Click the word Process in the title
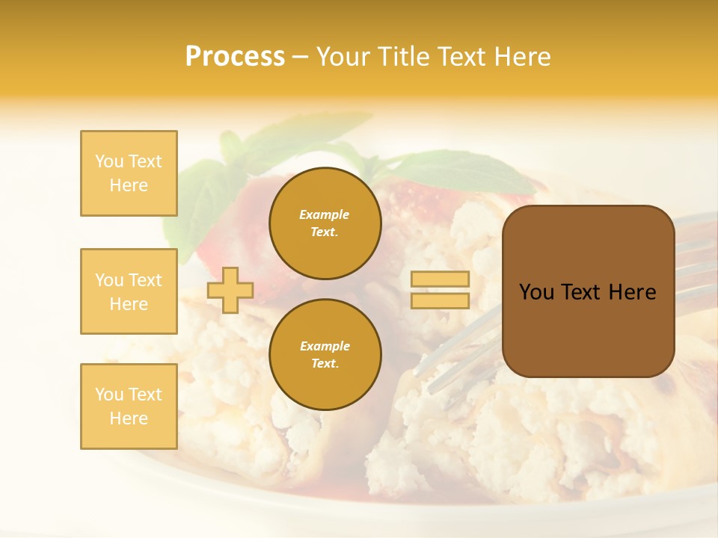tap(235, 57)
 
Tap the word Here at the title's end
tap(523, 57)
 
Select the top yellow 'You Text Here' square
tap(129, 173)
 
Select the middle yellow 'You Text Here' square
tap(129, 291)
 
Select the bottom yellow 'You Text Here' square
tap(129, 406)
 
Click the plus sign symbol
tap(230, 290)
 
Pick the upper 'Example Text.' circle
tap(325, 223)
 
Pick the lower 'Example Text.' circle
tap(325, 355)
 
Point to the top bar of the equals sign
tap(440, 279)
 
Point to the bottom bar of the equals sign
tap(440, 300)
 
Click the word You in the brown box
tap(536, 292)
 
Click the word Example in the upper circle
tap(325, 214)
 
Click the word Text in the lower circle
tap(325, 363)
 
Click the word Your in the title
tap(343, 57)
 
